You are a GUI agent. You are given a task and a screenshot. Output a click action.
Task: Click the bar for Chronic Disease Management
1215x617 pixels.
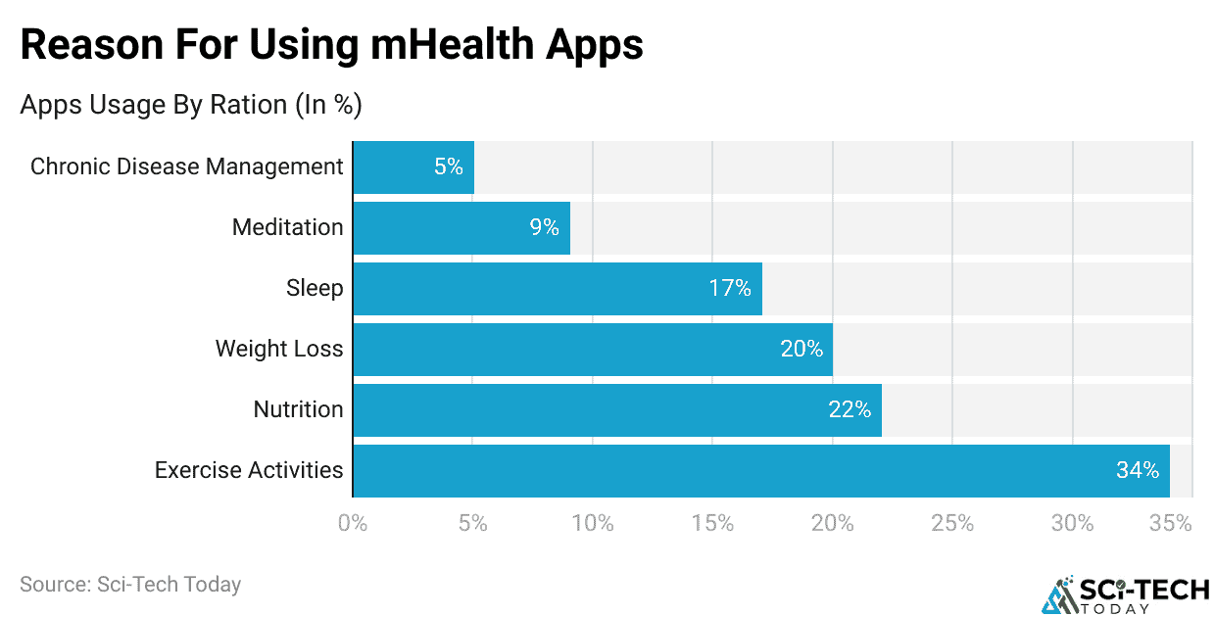tap(413, 167)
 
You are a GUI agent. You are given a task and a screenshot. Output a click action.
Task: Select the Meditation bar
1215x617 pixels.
tap(461, 228)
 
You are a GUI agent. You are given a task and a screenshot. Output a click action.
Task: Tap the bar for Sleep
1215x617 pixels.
tap(557, 289)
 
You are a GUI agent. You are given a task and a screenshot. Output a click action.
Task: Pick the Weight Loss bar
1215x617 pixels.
tap(592, 350)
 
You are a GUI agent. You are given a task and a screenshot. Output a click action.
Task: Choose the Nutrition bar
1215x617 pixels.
tap(616, 410)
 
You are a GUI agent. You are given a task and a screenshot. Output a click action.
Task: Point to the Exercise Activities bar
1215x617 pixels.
tap(760, 471)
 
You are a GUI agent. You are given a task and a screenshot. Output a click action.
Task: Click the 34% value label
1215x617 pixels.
tap(1137, 471)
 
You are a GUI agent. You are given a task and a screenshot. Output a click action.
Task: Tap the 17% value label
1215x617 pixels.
tap(730, 289)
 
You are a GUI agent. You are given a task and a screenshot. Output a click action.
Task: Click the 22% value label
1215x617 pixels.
tap(850, 410)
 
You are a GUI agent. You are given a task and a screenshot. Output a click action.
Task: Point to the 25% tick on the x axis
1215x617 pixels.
tap(952, 524)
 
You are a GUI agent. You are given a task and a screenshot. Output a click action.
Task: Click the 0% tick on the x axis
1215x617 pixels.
tap(353, 524)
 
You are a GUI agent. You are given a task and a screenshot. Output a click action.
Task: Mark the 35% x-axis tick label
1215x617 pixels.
tap(1170, 524)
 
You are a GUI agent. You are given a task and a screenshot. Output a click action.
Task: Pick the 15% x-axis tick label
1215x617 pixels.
tap(712, 524)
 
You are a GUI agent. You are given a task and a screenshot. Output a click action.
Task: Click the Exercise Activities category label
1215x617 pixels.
tap(249, 471)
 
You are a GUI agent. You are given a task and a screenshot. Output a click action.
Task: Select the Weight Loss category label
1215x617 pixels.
tap(279, 350)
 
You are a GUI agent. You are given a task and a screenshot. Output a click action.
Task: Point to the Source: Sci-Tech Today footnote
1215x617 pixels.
tap(130, 585)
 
